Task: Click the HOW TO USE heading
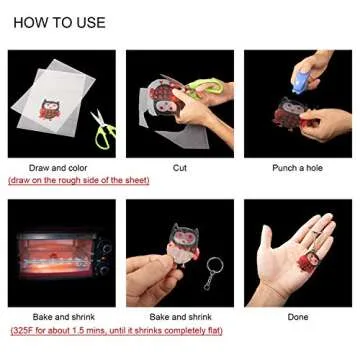[x=59, y=23]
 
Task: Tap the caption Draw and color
[x=58, y=168]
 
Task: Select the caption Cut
[x=180, y=168]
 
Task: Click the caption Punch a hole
[x=298, y=168]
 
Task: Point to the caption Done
[x=298, y=317]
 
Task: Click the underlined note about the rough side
[x=79, y=180]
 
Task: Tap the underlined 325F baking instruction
[x=116, y=331]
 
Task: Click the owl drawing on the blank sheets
[x=49, y=109]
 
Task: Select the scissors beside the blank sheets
[x=103, y=129]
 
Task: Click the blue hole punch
[x=301, y=82]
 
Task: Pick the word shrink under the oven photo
[x=83, y=317]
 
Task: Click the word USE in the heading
[x=91, y=23]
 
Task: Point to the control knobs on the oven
[x=106, y=254]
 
